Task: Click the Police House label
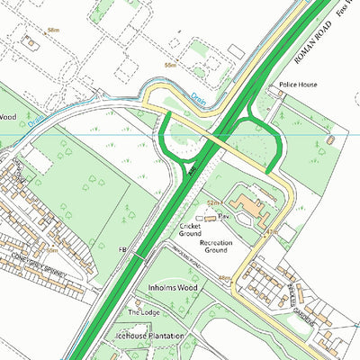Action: pyautogui.click(x=298, y=84)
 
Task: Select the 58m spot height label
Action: pyautogui.click(x=53, y=30)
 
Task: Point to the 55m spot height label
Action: pyautogui.click(x=169, y=66)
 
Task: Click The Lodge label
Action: pyautogui.click(x=142, y=312)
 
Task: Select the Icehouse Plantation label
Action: pyautogui.click(x=148, y=336)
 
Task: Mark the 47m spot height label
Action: pyautogui.click(x=269, y=233)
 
